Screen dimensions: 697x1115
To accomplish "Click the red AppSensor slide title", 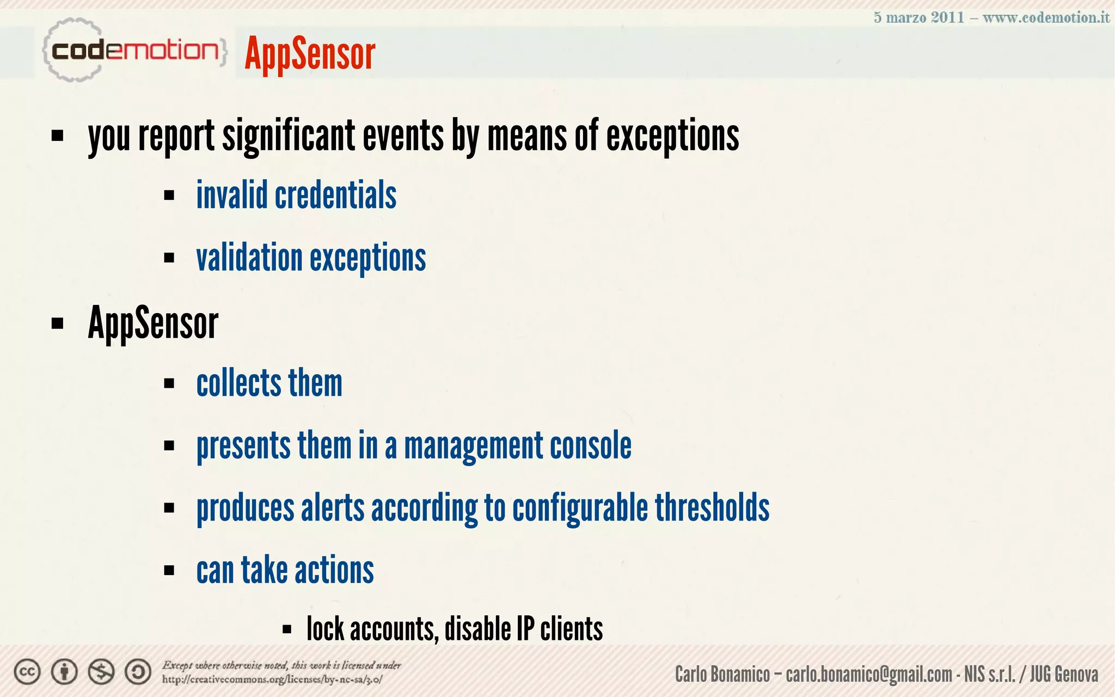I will tap(310, 53).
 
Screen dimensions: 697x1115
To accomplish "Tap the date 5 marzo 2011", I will tap(918, 17).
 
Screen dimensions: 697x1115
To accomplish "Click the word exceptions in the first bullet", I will tap(672, 136).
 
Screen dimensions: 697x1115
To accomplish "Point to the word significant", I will tap(289, 136).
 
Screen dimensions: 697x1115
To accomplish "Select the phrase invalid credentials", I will tap(296, 195).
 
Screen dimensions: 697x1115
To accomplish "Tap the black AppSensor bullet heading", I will tap(153, 323).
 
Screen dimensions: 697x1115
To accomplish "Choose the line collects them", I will tap(269, 383).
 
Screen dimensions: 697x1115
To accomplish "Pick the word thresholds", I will tap(712, 508).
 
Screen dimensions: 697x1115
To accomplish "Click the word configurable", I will tap(580, 508).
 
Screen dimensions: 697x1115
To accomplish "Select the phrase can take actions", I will tap(285, 570).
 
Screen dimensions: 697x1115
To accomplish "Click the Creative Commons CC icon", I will tap(27, 672).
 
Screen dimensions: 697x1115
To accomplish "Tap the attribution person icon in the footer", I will tap(64, 672).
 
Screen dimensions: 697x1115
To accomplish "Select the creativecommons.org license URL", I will tap(272, 680).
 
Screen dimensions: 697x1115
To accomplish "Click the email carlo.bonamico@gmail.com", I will tap(868, 674).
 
